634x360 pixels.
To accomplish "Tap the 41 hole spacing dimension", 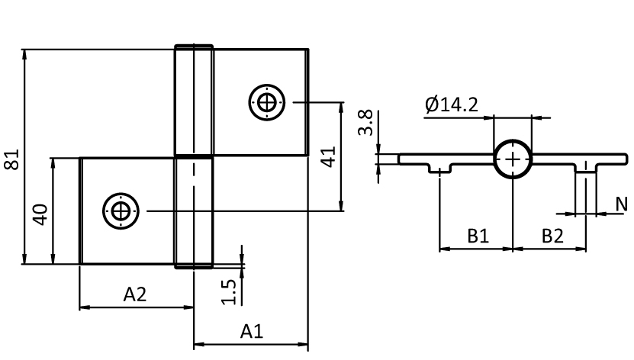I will [328, 158].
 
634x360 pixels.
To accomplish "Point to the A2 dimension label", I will [135, 295].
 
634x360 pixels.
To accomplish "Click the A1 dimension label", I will [251, 332].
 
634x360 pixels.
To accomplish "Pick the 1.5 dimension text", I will [229, 291].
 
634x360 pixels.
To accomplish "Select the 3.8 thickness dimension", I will [365, 122].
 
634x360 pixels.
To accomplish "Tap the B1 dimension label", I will [478, 237].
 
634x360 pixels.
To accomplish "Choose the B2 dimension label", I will [552, 237].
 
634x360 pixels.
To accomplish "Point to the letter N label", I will [622, 204].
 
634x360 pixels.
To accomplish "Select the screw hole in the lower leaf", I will [120, 210].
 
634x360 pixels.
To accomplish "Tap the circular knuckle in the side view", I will [513, 159].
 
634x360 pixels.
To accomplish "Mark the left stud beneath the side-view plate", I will [439, 169].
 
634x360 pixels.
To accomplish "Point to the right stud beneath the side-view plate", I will [586, 169].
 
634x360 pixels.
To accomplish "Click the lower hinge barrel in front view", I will [194, 212].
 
